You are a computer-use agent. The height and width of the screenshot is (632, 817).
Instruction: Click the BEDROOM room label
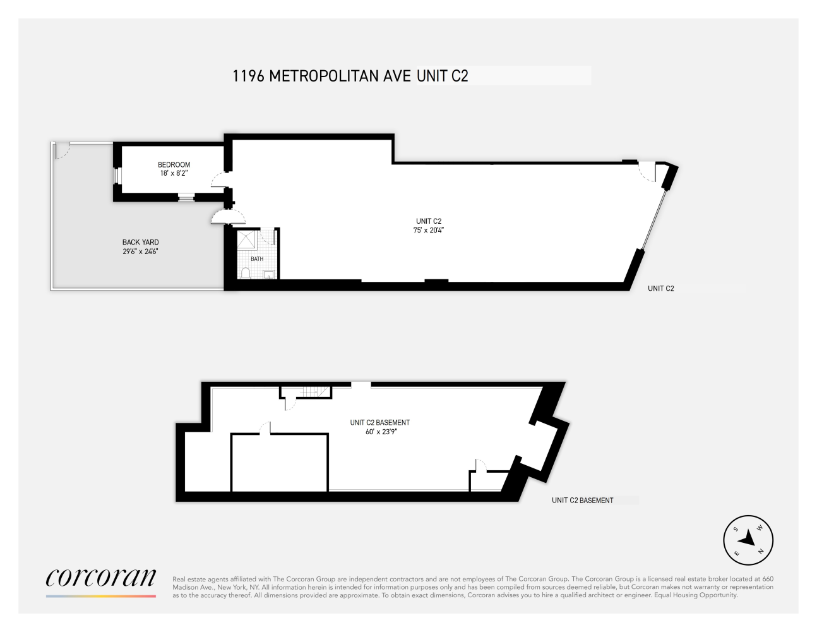[174, 165]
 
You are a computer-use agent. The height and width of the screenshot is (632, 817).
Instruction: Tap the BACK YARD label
[140, 242]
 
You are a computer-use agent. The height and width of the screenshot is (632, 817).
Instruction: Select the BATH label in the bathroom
[257, 259]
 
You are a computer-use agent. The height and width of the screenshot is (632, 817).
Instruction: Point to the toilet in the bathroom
[246, 273]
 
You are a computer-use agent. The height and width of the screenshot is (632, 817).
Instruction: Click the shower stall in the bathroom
[247, 240]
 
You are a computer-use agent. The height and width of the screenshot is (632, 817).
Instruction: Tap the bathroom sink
[269, 275]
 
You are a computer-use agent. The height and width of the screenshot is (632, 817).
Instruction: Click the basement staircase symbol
[314, 392]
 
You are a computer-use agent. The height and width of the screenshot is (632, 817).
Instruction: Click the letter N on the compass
[761, 552]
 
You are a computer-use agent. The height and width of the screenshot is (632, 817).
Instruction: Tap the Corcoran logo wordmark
[101, 578]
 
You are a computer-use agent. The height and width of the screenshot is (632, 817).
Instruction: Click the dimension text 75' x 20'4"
[428, 230]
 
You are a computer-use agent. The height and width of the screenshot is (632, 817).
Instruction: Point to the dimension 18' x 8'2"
[174, 173]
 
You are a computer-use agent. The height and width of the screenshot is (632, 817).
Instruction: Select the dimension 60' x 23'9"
[381, 432]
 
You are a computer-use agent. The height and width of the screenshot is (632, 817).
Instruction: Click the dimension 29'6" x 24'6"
[140, 252]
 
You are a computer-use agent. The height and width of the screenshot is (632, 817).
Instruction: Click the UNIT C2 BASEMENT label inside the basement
[379, 422]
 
